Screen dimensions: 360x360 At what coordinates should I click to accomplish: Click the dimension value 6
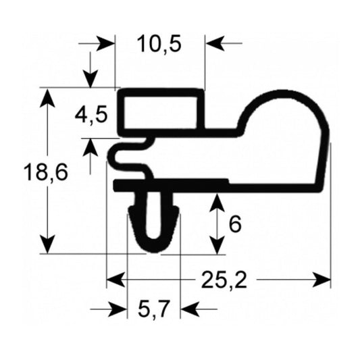point(235,224)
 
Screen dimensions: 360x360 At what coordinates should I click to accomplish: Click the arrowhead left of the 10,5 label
point(107,45)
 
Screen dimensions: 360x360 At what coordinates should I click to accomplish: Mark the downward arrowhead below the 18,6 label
point(47,244)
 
